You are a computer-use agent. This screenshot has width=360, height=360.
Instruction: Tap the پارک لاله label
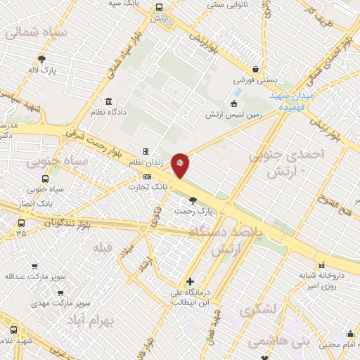41,70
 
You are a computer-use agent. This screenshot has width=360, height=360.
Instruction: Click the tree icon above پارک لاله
41,59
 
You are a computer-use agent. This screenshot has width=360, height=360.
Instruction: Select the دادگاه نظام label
108,112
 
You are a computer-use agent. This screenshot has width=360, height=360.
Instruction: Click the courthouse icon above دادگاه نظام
108,101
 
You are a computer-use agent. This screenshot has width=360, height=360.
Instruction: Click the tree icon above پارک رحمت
193,200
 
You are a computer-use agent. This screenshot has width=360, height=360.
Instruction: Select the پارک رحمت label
193,211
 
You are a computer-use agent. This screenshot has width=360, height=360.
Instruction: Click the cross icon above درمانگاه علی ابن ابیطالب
190,281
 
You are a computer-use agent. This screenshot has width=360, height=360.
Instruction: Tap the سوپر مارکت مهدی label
61,304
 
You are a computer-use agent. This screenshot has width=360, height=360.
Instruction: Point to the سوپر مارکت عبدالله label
31,276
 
